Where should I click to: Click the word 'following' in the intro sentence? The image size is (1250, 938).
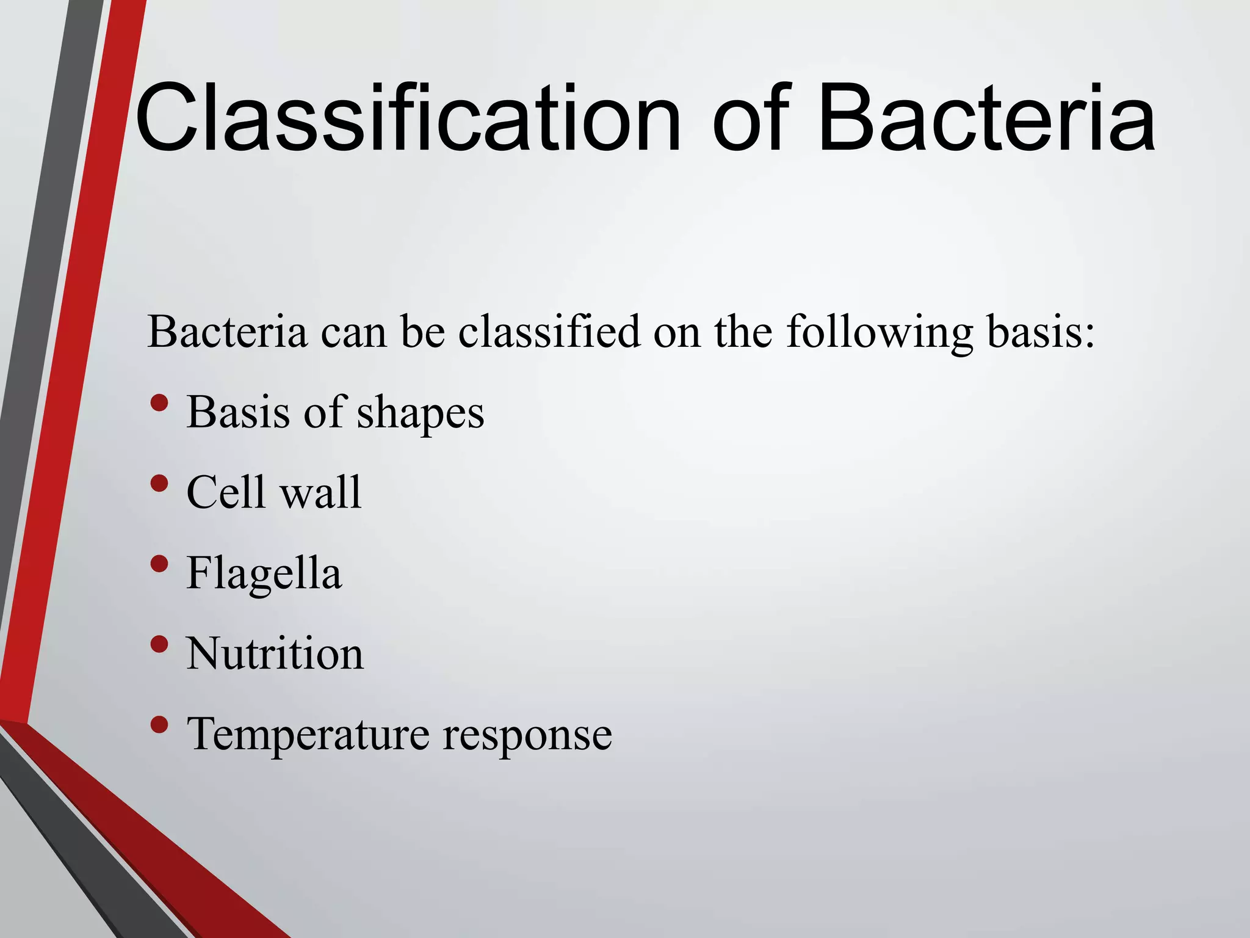coord(880,333)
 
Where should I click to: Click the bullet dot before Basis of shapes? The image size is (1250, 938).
coord(159,403)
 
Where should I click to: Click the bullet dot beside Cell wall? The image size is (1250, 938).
coord(159,484)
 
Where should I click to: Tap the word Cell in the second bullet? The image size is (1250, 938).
coord(226,492)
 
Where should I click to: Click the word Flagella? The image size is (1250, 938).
coord(264,574)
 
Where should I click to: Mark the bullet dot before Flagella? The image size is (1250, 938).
coord(159,564)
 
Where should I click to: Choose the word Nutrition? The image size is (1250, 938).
coord(275,653)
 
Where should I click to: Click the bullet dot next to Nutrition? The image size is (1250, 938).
coord(159,644)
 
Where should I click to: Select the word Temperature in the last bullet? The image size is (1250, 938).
coord(308,735)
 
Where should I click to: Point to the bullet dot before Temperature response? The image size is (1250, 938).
coord(159,725)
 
